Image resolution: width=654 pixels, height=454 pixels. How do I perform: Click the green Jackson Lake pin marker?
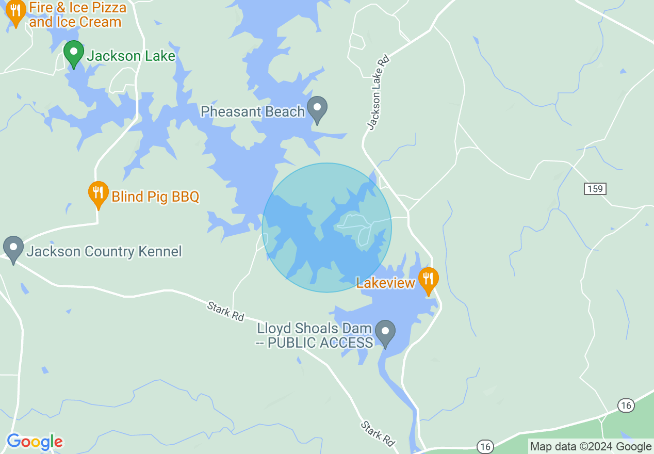pos(74,53)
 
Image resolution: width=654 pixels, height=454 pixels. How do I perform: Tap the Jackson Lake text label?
pos(131,56)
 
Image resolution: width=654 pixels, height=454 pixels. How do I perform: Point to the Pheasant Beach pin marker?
pos(317,109)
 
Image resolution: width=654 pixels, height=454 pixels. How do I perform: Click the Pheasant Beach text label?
pos(253,111)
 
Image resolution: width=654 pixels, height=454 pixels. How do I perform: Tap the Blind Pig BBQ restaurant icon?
pos(98,194)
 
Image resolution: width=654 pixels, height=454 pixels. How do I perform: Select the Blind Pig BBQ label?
pos(155,197)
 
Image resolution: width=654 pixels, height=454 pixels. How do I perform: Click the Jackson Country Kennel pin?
pos(13,249)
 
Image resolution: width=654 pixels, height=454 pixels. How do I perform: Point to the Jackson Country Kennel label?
pos(104,252)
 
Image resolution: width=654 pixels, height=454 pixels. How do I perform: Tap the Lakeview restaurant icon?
pos(428,280)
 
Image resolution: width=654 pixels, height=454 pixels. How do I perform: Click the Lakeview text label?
pos(385,283)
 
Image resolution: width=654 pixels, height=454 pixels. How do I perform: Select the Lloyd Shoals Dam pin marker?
pos(385,332)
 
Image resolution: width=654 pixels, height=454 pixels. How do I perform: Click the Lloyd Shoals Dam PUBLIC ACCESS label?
pos(315,336)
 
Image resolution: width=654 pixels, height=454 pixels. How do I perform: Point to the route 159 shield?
pos(595,189)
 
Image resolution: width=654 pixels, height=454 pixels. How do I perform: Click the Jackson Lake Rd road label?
pos(378,92)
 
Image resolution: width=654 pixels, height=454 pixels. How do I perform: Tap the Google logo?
pos(35,442)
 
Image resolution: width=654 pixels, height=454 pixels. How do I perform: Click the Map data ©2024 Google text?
pos(591,447)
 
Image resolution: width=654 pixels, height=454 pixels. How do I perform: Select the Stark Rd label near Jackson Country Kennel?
pos(225,312)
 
